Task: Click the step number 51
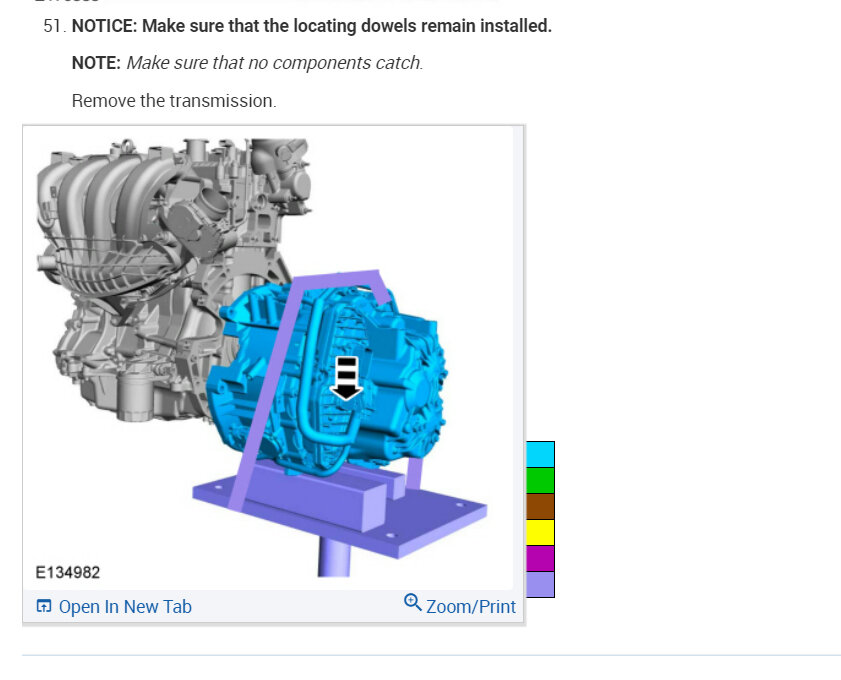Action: coord(55,26)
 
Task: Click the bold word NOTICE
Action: coord(105,26)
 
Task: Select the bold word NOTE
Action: coord(96,63)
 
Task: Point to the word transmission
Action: coord(223,101)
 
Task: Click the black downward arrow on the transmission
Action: coord(346,379)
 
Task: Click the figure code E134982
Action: coord(68,573)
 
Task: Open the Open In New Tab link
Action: coord(125,607)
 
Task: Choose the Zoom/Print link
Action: coord(470,607)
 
